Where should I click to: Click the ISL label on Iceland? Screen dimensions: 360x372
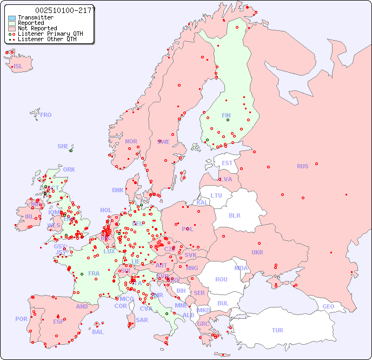[x=18, y=67]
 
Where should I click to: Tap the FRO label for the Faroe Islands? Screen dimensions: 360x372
[x=46, y=115]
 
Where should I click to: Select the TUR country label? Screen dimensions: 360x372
[x=277, y=330]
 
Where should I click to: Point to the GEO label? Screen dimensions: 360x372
[x=328, y=306]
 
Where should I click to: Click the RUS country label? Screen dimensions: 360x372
[x=302, y=166]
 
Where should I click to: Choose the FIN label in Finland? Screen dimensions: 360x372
[x=226, y=115]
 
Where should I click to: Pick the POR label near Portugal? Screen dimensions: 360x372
[x=21, y=319]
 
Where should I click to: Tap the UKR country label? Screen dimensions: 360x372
[x=257, y=252]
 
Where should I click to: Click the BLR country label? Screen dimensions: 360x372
[x=234, y=215]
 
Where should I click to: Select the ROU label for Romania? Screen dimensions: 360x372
[x=221, y=279]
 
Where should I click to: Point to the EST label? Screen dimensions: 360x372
[x=227, y=163]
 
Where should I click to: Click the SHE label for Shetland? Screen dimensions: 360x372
[x=63, y=146]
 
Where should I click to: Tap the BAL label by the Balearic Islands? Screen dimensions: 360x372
[x=98, y=332]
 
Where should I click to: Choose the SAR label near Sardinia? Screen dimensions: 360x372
[x=142, y=319]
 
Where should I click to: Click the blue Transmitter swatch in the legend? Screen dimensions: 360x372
[x=12, y=17]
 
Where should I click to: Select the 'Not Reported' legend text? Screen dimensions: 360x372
[x=37, y=28]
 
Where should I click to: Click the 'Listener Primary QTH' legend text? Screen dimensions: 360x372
[x=50, y=34]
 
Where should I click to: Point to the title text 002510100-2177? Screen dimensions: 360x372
[x=65, y=10]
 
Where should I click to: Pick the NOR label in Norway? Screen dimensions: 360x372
[x=131, y=141]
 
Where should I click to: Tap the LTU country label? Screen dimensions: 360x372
[x=216, y=195]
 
